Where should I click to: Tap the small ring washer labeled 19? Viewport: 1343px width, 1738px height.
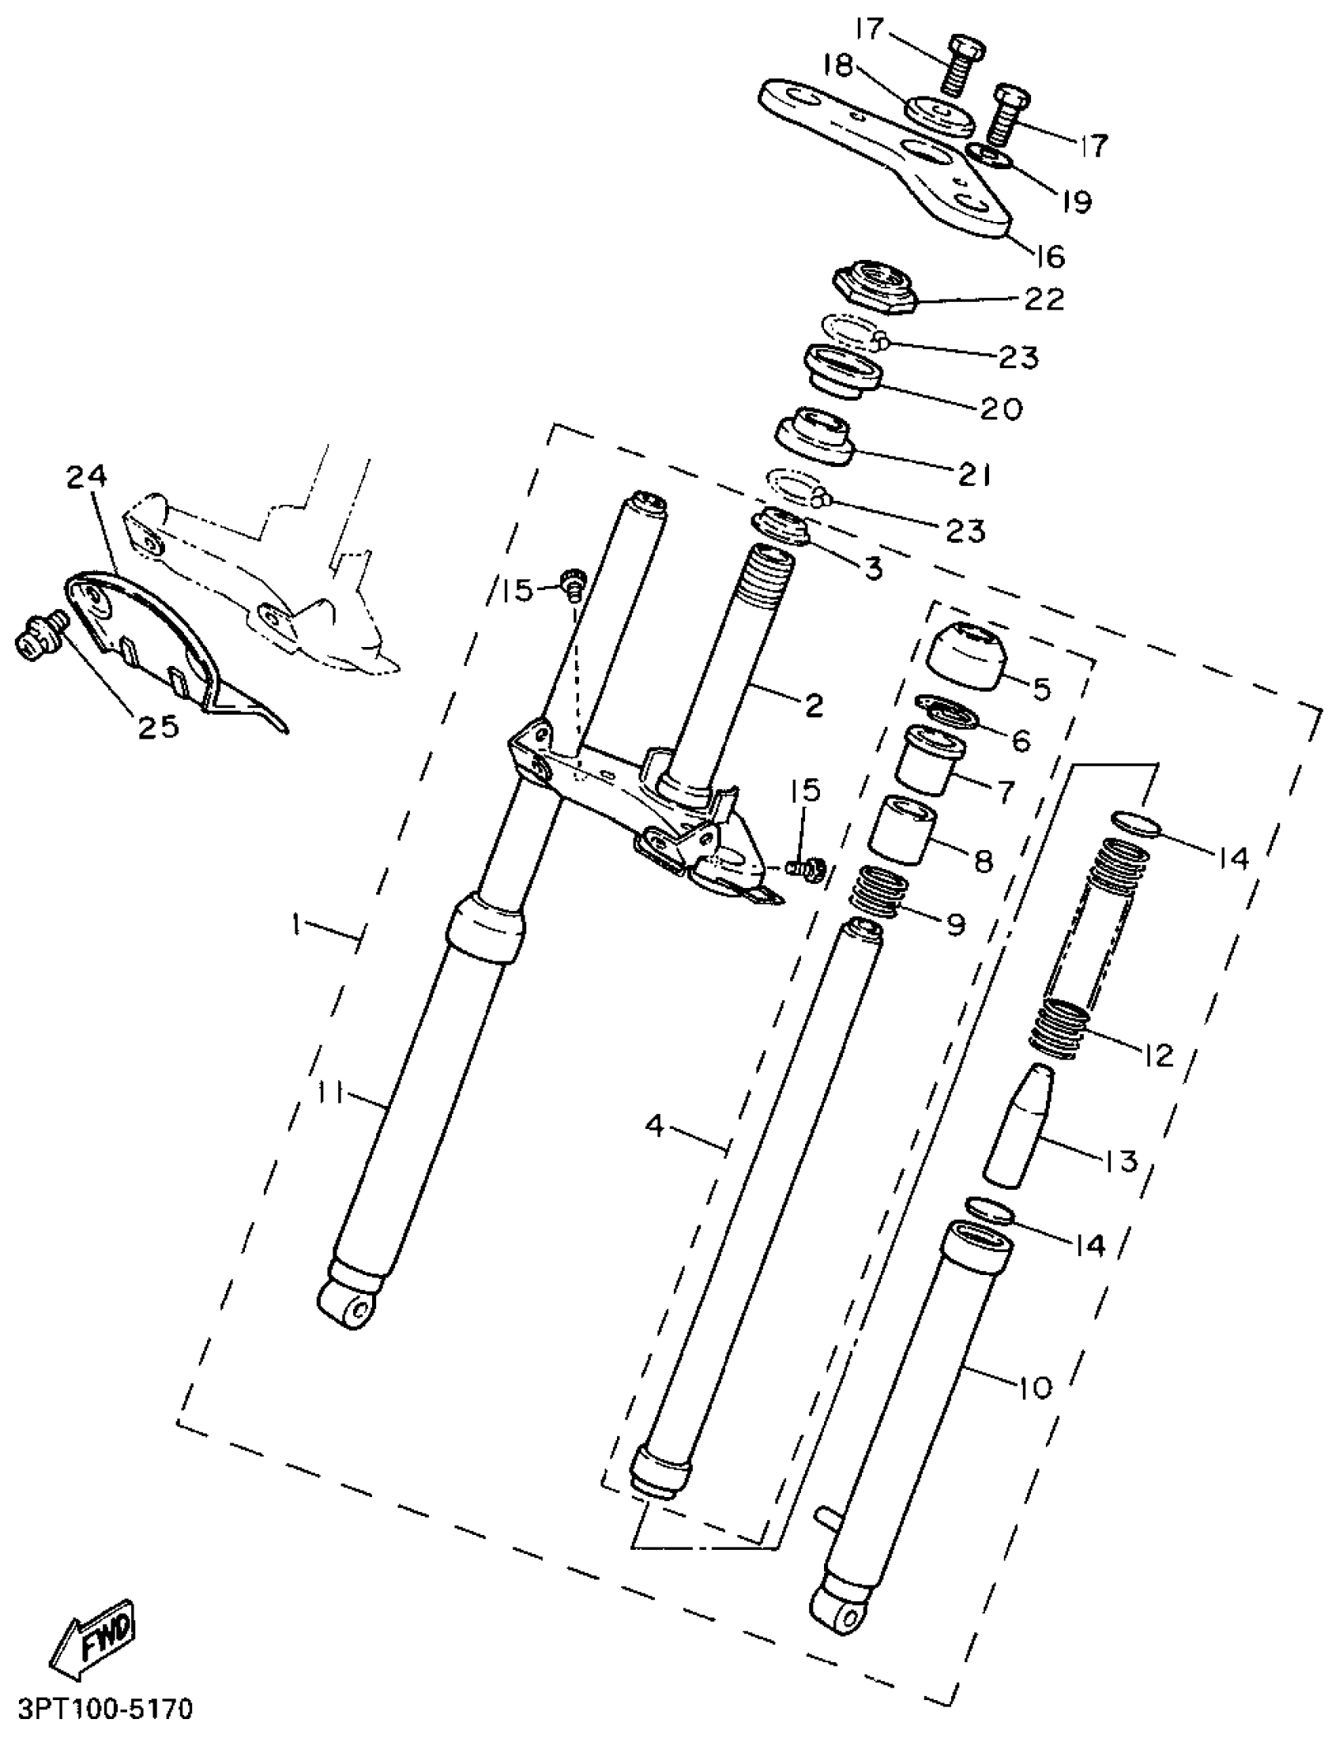tap(991, 156)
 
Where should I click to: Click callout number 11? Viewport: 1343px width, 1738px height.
tap(329, 1094)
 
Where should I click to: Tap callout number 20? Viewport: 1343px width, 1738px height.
tap(1001, 408)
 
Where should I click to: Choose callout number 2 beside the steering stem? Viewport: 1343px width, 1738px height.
tap(813, 704)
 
